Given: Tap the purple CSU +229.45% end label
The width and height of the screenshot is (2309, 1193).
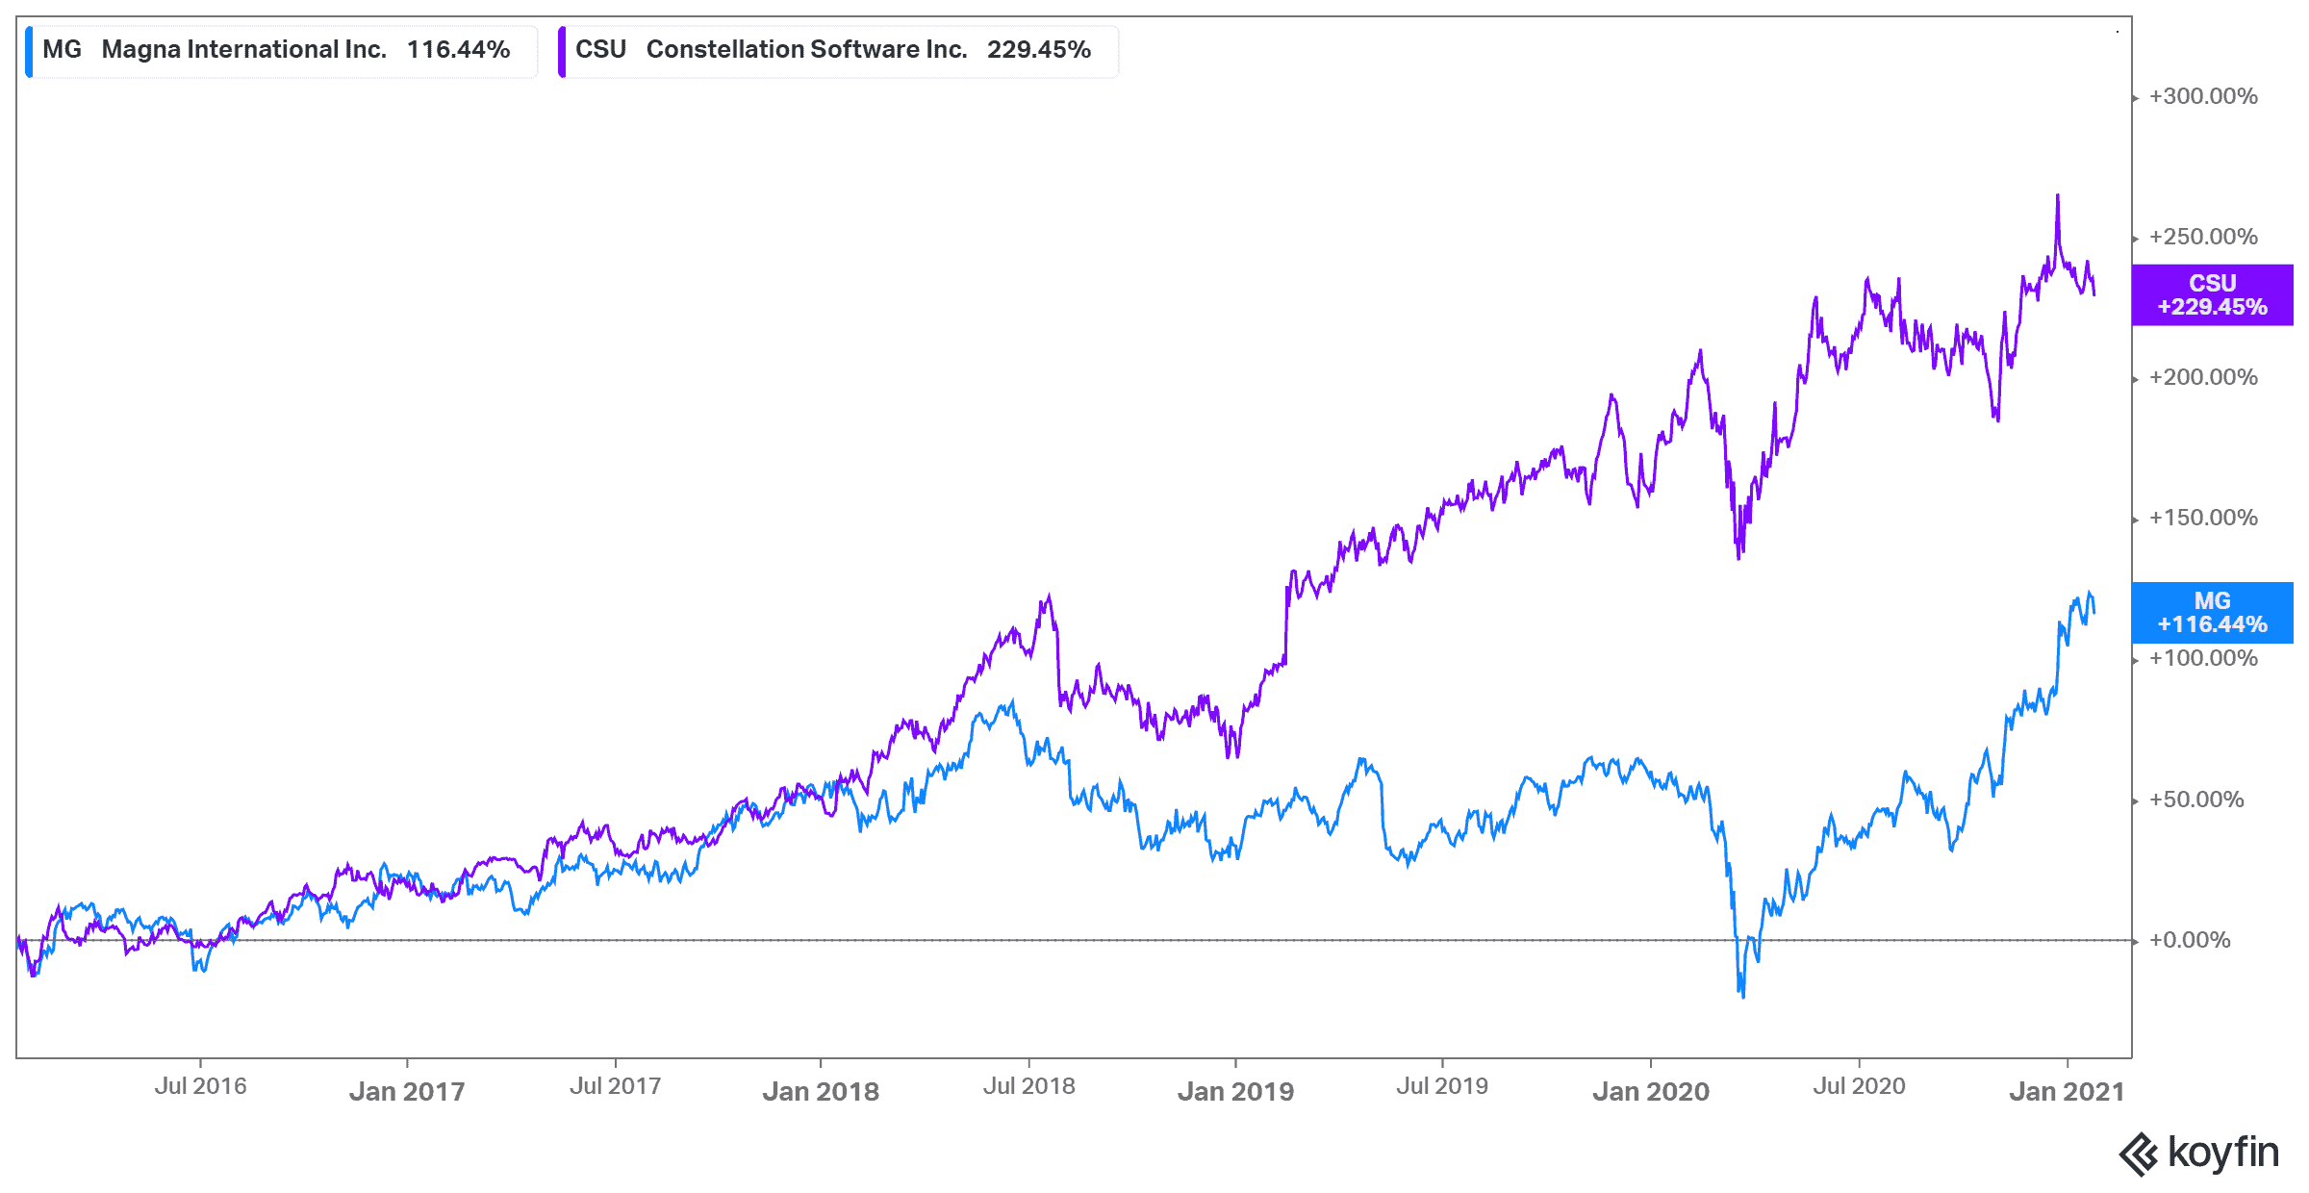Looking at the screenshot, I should (x=2212, y=295).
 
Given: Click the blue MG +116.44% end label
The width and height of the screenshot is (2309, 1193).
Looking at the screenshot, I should (x=2212, y=613).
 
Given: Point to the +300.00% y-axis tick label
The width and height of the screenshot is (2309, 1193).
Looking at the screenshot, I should (x=2203, y=96).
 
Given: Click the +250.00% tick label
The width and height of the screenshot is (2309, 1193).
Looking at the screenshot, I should (x=2203, y=237).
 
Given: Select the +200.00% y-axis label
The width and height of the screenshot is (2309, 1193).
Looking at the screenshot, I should (x=2203, y=377).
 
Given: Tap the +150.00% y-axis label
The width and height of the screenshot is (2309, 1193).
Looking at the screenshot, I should (x=2203, y=518).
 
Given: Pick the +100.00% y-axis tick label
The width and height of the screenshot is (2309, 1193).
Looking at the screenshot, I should (x=2203, y=658).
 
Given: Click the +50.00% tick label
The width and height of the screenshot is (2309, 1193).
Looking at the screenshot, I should (x=2196, y=800).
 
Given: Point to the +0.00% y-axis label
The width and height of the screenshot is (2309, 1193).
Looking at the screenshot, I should (x=2190, y=940).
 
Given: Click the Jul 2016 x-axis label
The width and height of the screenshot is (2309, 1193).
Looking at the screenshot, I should (x=200, y=1086).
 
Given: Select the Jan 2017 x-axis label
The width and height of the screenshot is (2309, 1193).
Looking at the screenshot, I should (x=407, y=1091).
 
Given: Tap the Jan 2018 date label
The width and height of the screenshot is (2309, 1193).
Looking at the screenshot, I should (x=821, y=1091).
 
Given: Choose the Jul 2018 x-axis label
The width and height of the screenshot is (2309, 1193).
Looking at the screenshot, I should (x=1028, y=1086).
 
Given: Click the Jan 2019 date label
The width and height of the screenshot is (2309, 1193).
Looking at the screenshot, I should (x=1235, y=1091).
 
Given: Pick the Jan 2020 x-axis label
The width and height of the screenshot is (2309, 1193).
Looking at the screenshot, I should (x=1651, y=1091).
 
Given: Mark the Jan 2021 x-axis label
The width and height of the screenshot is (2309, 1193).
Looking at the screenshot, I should (x=2067, y=1091).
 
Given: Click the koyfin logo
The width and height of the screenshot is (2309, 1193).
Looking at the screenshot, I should (x=2199, y=1154).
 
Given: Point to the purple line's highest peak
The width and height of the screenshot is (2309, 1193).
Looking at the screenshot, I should (x=2058, y=195).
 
